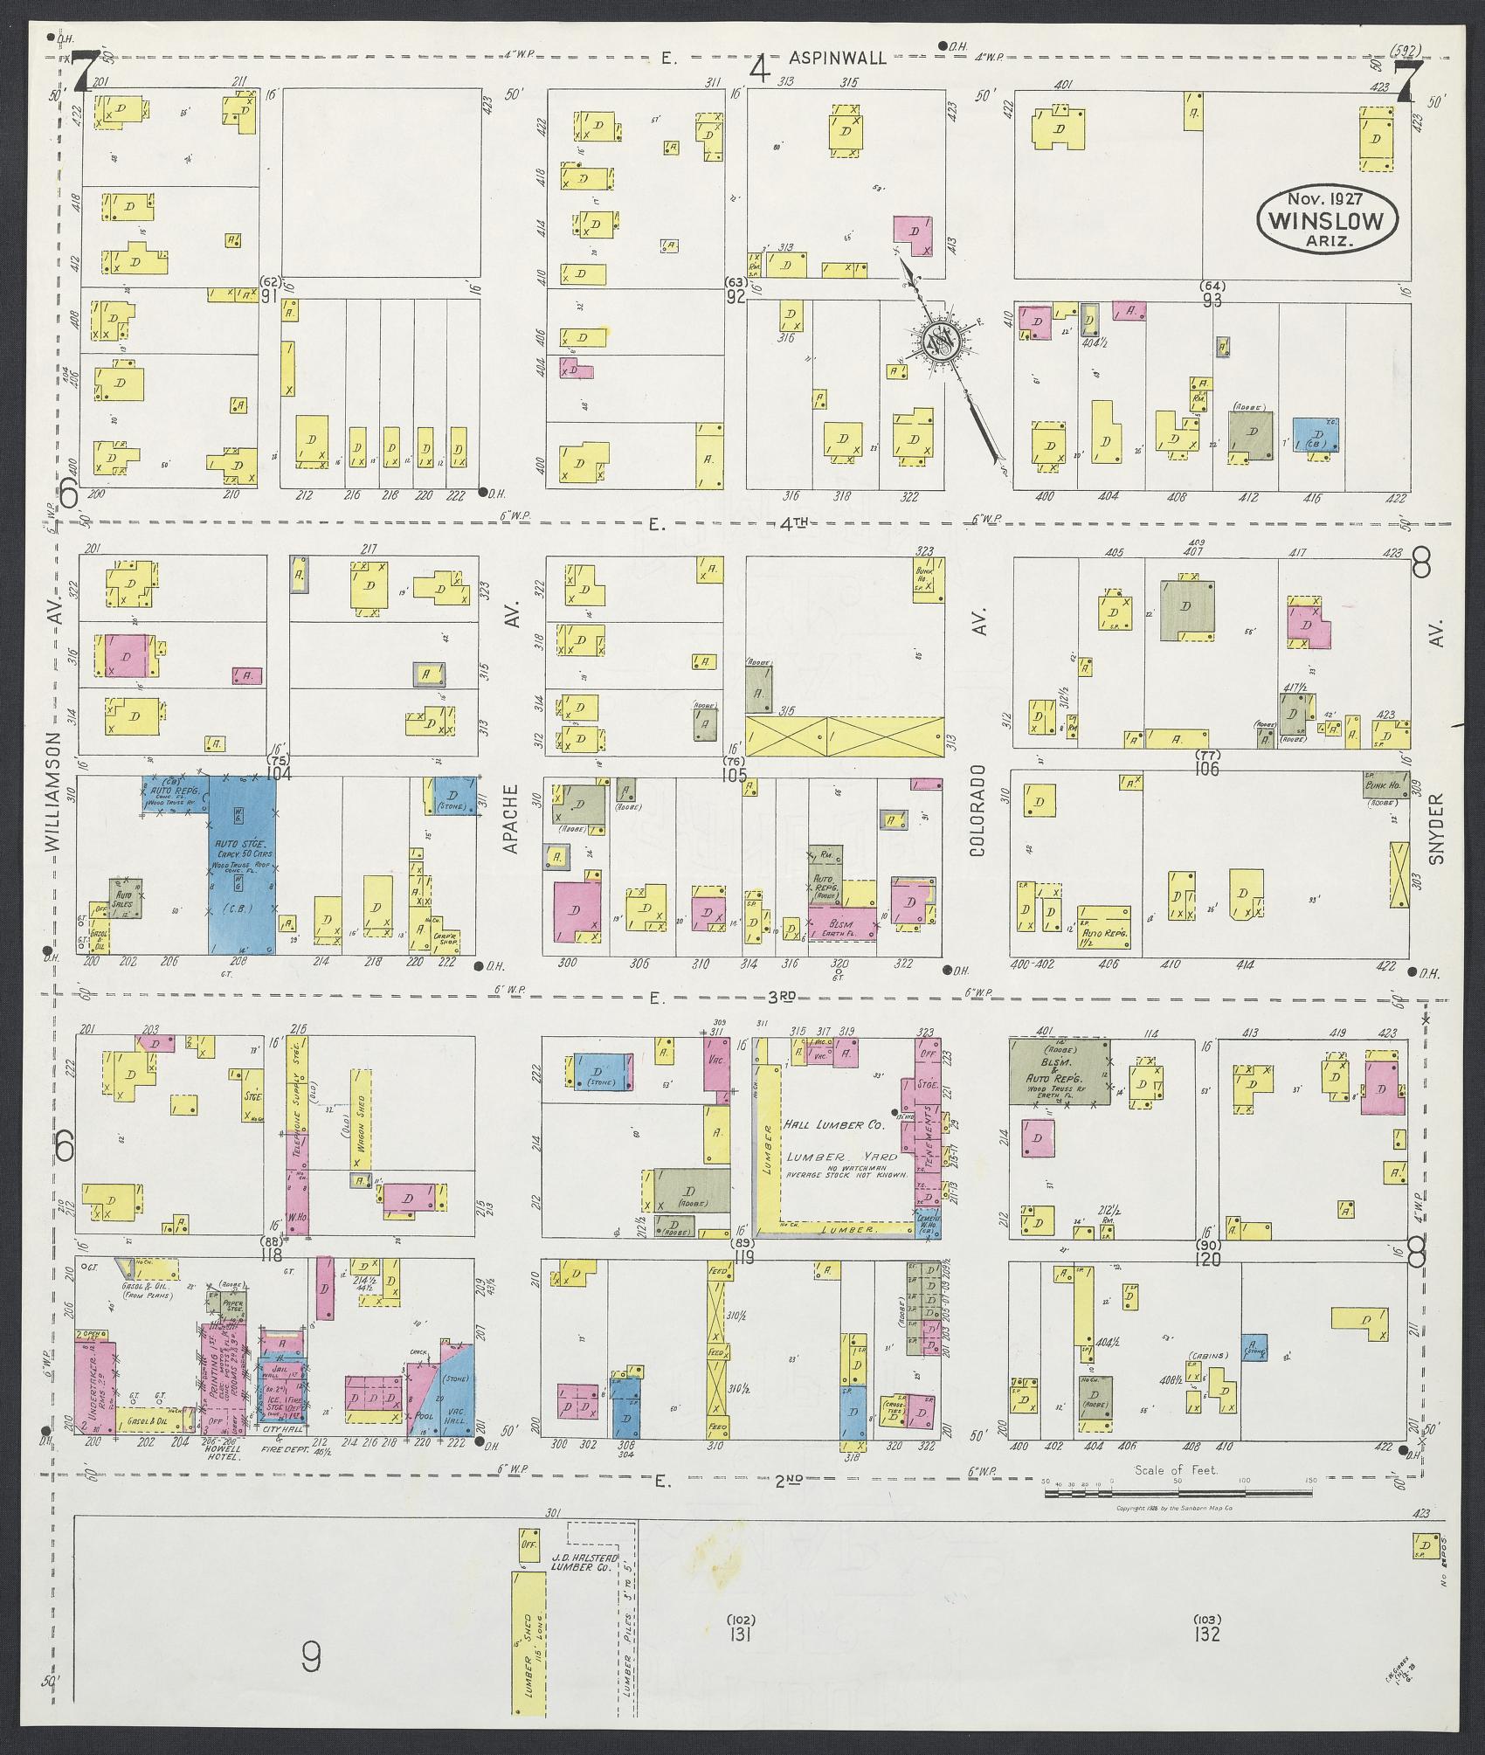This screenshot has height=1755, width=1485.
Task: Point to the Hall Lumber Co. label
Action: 834,1126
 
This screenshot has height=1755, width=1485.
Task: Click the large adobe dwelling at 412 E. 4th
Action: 1250,435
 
